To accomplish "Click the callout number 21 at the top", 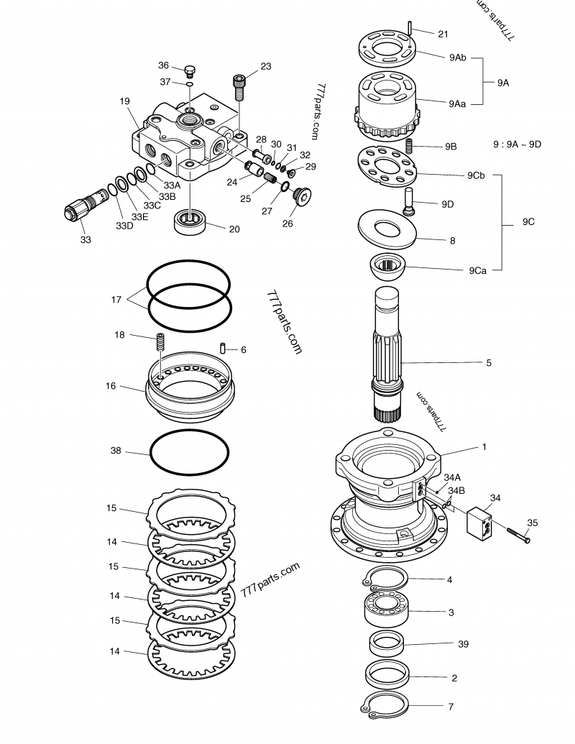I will pos(443,34).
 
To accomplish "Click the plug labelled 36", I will pos(190,70).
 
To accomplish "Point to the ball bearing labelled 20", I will pos(190,221).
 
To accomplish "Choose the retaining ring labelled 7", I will pos(385,706).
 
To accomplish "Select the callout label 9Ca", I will pos(479,270).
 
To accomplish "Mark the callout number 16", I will pos(111,386).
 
